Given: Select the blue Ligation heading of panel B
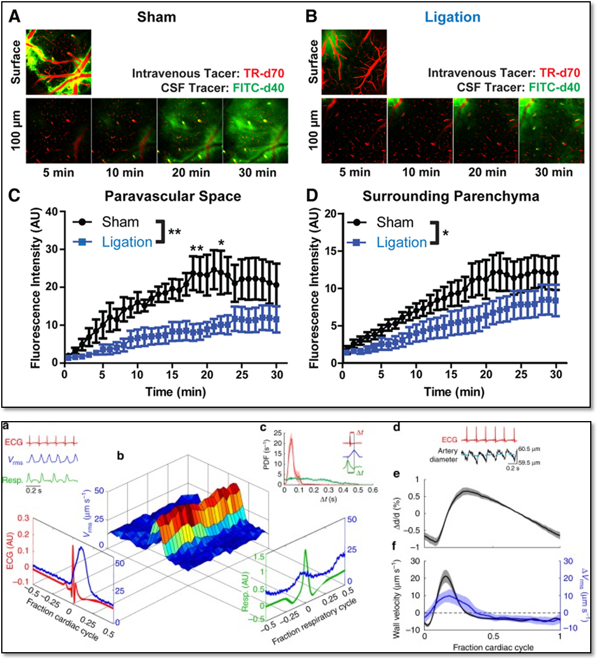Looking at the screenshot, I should tap(453, 16).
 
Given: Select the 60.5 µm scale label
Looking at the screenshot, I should tap(531, 449).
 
